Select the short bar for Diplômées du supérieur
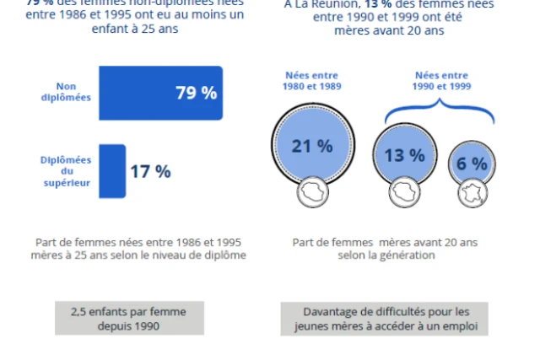(x=112, y=170)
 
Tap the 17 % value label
(x=150, y=171)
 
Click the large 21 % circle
(x=312, y=146)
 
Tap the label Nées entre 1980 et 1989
(x=312, y=82)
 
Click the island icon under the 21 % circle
(x=312, y=194)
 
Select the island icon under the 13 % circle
(x=404, y=193)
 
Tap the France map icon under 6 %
(x=472, y=193)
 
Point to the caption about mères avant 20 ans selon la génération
(x=385, y=249)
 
